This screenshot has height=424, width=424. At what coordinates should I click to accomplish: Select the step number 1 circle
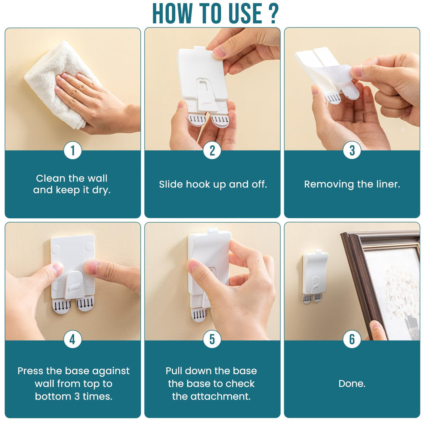72,151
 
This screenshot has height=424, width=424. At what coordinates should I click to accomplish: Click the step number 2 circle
212,151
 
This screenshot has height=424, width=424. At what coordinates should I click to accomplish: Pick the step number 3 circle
352,151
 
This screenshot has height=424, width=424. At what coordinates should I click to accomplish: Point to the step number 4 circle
72,339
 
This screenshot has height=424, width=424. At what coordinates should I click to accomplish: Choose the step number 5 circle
212,339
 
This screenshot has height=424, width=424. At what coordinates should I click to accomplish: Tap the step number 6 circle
352,339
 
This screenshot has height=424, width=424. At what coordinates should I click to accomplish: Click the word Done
352,383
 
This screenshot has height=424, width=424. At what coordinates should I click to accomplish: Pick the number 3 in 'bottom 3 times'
77,396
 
